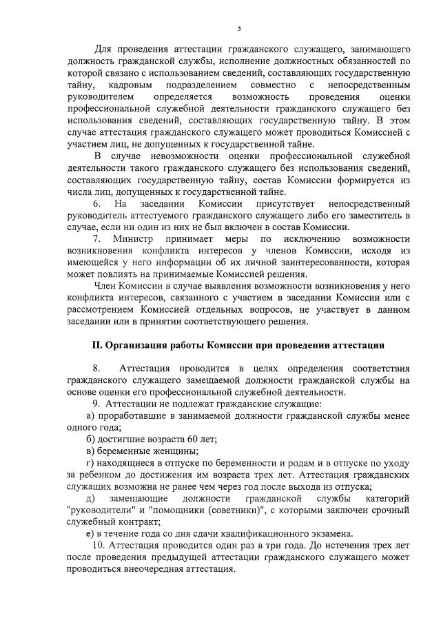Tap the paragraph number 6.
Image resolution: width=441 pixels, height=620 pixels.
click(x=96, y=205)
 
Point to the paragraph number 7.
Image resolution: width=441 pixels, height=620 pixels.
click(x=96, y=238)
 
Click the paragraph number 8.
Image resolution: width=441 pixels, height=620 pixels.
click(x=96, y=369)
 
